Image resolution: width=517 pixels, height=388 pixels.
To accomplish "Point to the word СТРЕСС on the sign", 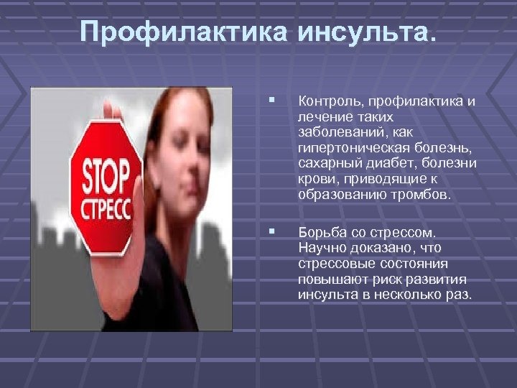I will point(106,211).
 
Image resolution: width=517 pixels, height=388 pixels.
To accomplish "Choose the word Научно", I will point(322,248).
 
